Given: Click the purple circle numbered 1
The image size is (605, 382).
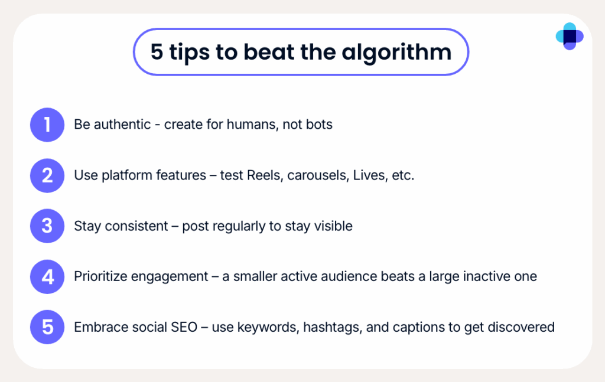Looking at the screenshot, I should pos(47,125).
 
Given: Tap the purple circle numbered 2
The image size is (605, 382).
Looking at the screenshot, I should pos(47,176).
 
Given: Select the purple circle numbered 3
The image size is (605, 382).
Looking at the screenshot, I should pos(47,226).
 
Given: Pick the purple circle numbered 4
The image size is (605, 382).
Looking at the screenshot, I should pos(47,276).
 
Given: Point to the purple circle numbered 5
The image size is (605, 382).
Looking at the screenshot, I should pos(47,327).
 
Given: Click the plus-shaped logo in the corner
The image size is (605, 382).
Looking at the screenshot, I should pos(570,37).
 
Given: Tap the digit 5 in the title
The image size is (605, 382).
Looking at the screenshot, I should pos(157,53).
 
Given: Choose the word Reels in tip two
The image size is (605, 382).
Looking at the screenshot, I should pos(264,176).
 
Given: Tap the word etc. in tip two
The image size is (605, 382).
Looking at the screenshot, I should pos(403,176).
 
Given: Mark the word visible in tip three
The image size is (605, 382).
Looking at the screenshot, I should pos(334,226).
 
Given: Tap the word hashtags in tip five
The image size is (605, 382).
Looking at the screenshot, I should pos(333,327).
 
